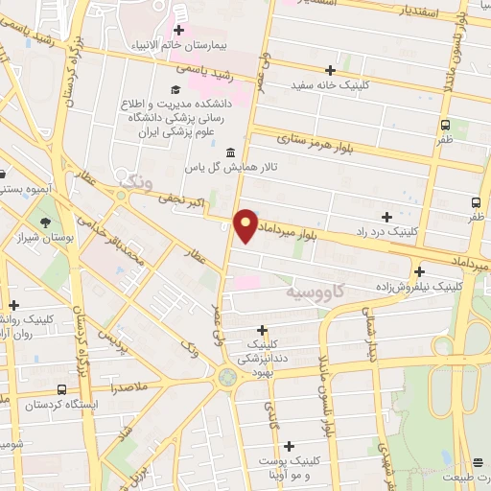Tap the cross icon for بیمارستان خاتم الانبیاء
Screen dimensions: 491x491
[178, 30]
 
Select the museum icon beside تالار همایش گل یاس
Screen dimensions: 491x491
[230, 153]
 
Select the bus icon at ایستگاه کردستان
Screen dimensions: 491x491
[62, 390]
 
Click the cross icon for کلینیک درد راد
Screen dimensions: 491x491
[386, 217]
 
